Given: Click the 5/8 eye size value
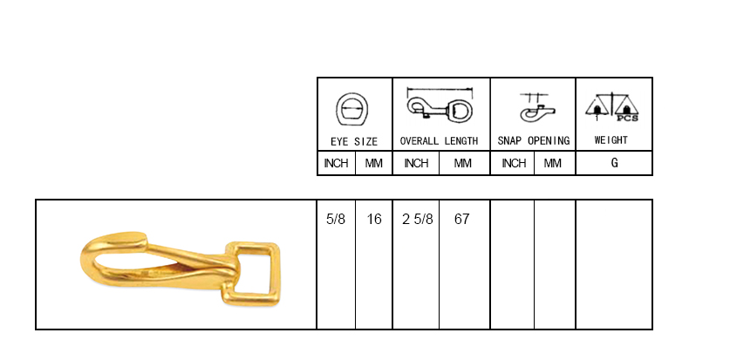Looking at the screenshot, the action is (x=336, y=219).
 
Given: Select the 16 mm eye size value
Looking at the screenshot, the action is (x=374, y=219).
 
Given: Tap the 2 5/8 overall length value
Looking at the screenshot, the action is (x=417, y=219).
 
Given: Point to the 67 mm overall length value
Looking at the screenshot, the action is (x=462, y=219).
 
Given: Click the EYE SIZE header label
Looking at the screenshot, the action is (x=354, y=141).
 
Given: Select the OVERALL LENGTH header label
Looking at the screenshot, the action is (x=439, y=141).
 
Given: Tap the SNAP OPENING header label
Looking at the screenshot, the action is (x=534, y=140).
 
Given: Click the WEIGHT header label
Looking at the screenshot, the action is (x=611, y=140).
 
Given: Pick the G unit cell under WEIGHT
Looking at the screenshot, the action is (x=615, y=163).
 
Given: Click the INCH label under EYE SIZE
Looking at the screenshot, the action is (x=336, y=163).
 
